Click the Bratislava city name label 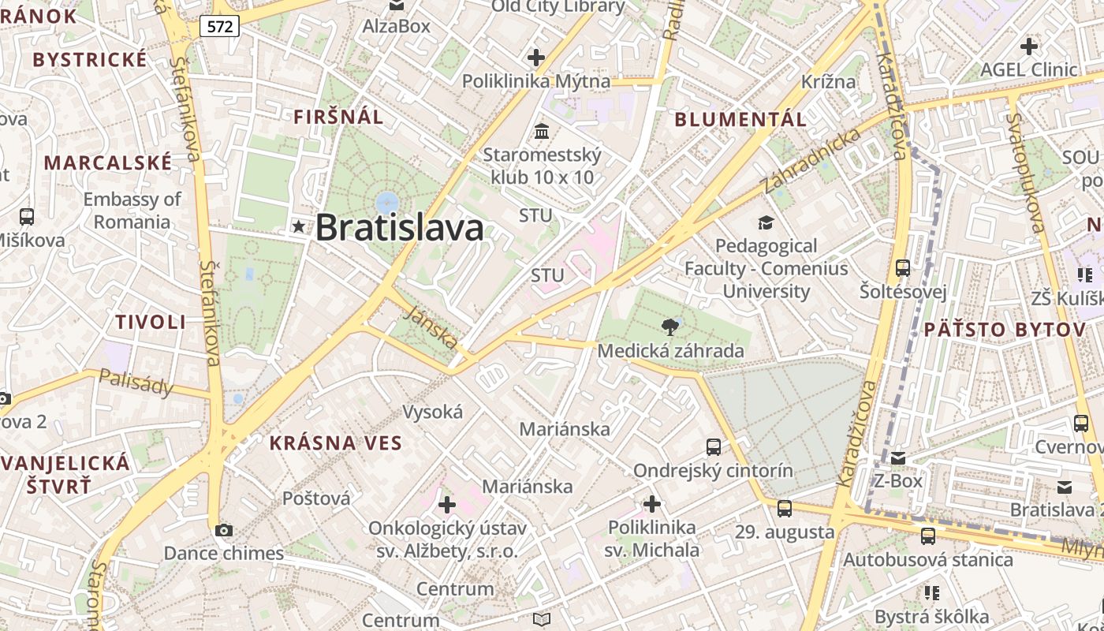(x=399, y=228)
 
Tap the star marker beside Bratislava (x=298, y=227)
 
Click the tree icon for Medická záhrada (x=670, y=327)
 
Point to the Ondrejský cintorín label (x=713, y=471)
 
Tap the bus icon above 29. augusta (x=784, y=509)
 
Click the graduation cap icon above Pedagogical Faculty (x=765, y=223)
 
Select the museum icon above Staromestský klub (x=542, y=131)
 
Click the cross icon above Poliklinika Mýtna (x=536, y=58)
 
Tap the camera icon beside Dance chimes (x=224, y=530)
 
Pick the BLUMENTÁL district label (x=740, y=120)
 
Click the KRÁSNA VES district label (x=336, y=443)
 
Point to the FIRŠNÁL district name (x=338, y=118)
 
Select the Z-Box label (x=897, y=480)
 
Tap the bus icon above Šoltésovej (x=903, y=268)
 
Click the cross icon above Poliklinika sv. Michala (x=652, y=503)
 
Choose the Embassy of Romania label (x=132, y=211)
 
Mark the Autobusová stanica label (x=928, y=560)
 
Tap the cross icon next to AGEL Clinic (x=1028, y=46)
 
